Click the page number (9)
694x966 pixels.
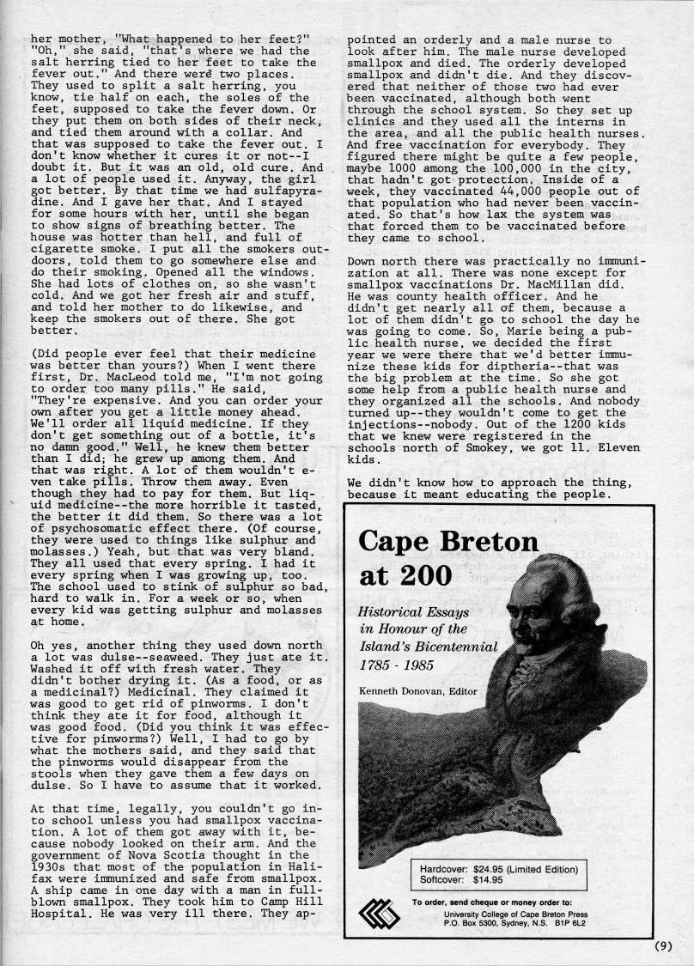[x=661, y=947]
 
